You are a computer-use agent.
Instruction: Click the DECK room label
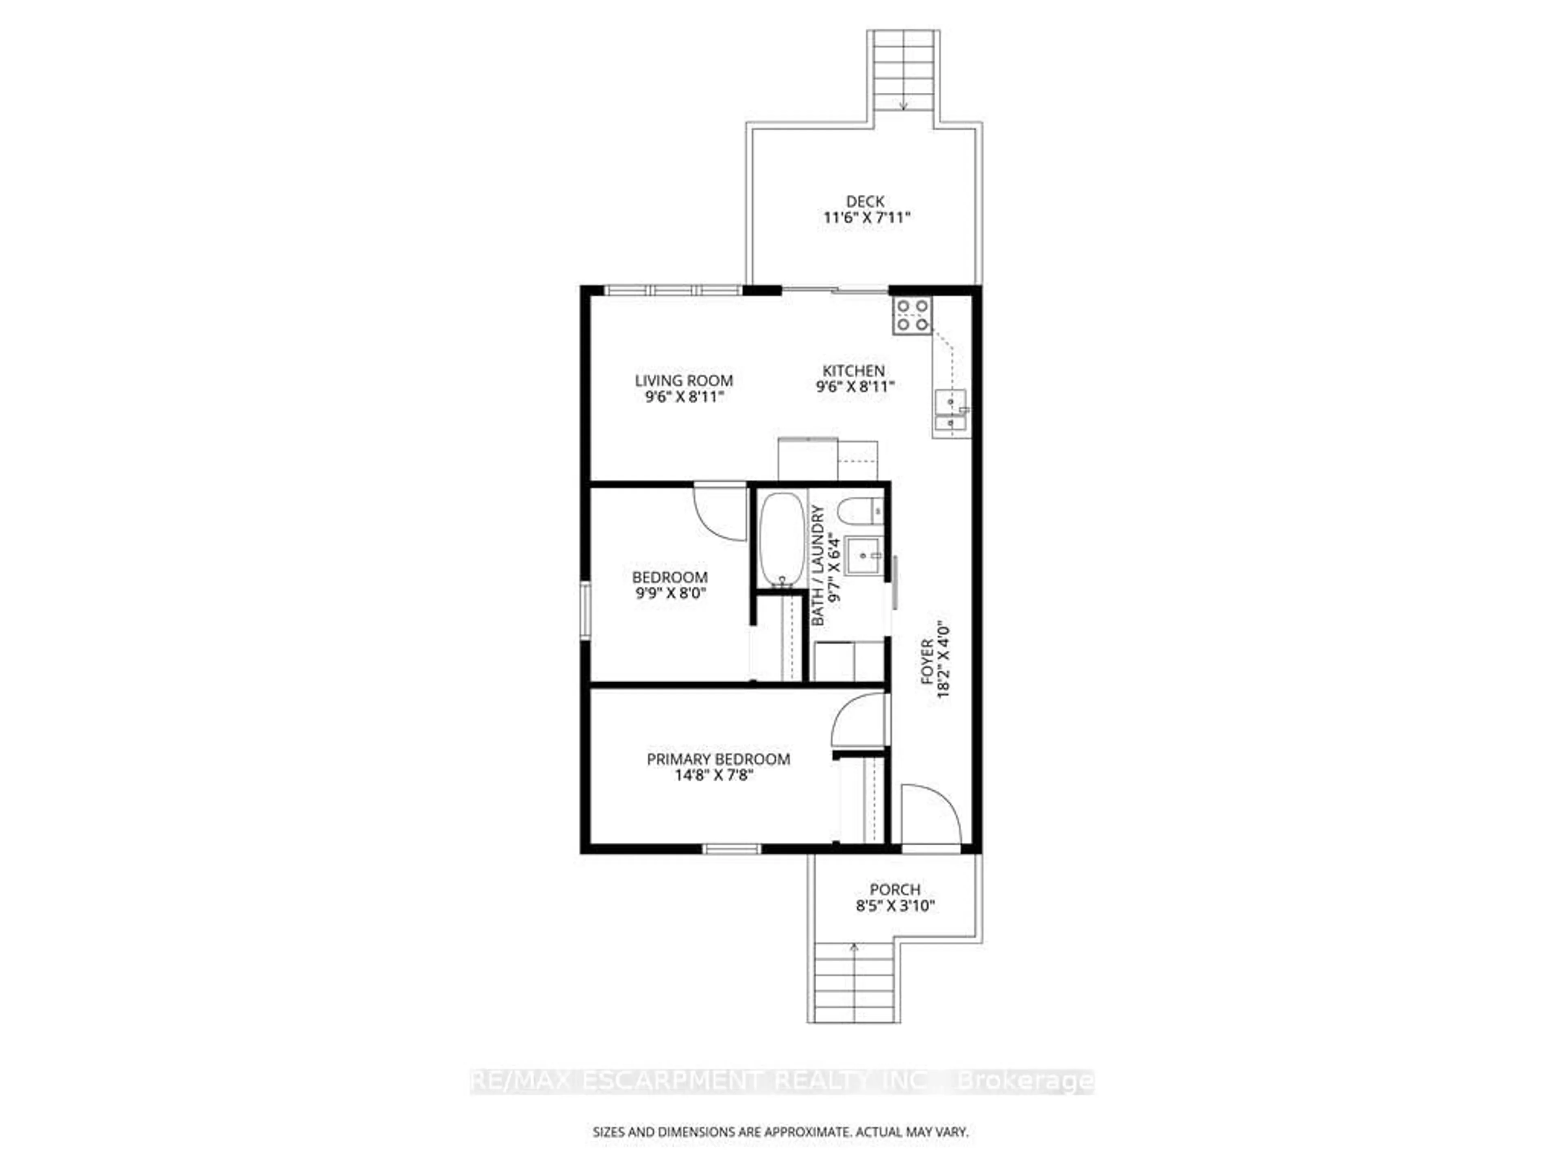pos(865,202)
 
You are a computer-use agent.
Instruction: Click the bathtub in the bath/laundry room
pos(781,540)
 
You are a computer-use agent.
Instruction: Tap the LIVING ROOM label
pos(684,381)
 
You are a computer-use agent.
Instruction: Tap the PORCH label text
pos(895,889)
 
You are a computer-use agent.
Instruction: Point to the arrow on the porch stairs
pos(854,947)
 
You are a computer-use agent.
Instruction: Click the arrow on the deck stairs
pos(904,104)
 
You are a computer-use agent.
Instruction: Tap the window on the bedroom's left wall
pos(585,611)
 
